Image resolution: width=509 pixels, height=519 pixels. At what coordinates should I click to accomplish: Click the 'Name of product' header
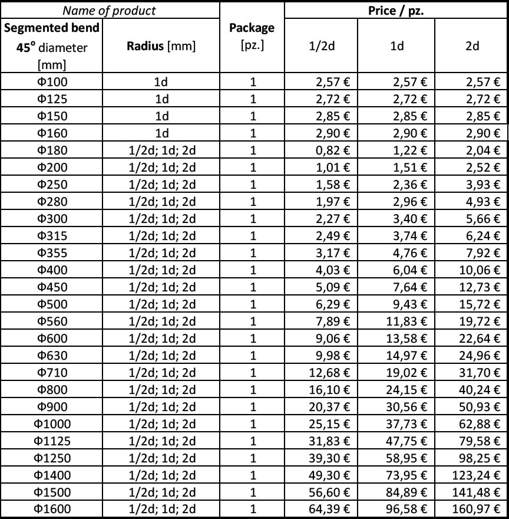(110, 11)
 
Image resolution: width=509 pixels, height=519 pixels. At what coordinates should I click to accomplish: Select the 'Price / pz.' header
(396, 11)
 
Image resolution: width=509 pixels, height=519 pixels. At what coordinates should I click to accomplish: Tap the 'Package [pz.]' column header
(252, 37)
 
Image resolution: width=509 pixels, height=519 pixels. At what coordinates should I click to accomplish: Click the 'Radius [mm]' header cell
(161, 47)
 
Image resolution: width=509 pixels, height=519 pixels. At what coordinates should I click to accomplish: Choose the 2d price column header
(472, 47)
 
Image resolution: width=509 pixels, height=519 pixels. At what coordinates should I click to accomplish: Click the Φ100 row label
(52, 82)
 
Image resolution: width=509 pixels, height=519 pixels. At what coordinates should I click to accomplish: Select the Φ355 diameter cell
(52, 253)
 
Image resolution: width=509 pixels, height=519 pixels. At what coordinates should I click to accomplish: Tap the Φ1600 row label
(52, 510)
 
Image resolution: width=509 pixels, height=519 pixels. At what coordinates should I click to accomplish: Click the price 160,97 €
(478, 510)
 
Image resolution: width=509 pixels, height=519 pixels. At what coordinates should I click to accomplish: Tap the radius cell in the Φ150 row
(161, 116)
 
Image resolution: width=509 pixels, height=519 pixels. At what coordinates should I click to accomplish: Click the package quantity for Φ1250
(252, 458)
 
